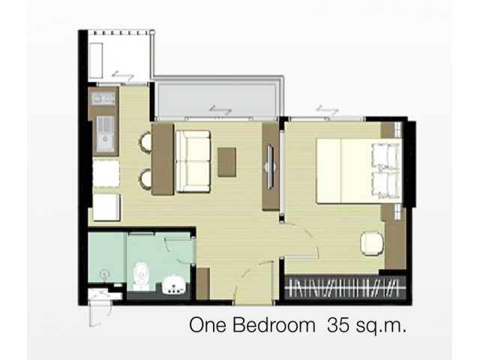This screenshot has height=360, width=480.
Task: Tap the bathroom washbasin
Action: coord(173,286)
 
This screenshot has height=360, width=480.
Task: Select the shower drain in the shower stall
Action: coord(104,274)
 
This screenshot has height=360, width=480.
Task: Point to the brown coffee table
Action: coord(226,162)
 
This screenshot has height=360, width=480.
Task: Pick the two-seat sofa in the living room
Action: coord(193,161)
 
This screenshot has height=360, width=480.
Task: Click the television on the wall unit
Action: coord(271,166)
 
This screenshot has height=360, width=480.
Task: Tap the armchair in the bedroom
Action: coord(372,243)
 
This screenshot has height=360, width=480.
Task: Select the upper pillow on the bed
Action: coord(385,154)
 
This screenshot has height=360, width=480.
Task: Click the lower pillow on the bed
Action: coord(385,184)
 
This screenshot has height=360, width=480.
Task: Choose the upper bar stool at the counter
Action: coord(145,142)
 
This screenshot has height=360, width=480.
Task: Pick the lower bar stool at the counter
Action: coord(145,178)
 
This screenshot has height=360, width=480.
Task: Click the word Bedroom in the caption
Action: coord(274,325)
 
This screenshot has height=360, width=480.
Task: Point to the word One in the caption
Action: coord(208,325)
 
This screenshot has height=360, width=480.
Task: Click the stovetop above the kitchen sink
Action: coord(103,99)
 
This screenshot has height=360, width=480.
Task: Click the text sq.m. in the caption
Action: coord(381,325)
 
